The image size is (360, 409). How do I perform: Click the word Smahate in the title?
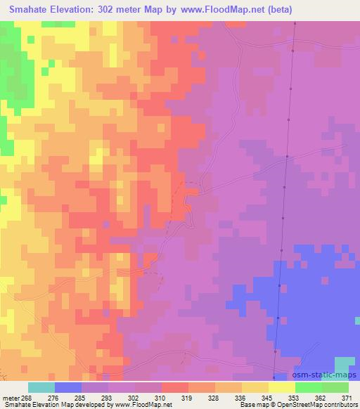pyautogui.click(x=27, y=10)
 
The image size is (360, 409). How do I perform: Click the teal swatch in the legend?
pyautogui.click(x=41, y=387)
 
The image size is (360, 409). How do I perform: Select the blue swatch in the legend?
pyautogui.click(x=68, y=387)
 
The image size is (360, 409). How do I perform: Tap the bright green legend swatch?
pyautogui.click(x=309, y=387)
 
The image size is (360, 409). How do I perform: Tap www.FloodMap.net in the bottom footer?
pyautogui.click(x=143, y=405)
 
